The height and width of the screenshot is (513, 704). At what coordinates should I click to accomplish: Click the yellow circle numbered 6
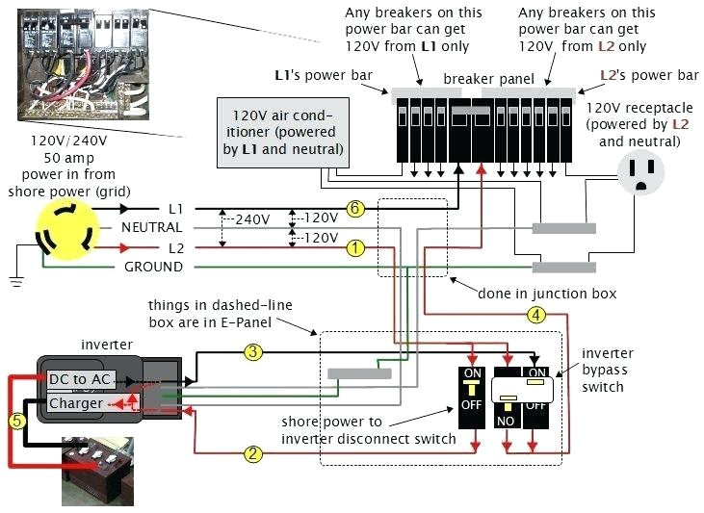[x=355, y=208]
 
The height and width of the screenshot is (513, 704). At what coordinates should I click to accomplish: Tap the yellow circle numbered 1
[x=355, y=247]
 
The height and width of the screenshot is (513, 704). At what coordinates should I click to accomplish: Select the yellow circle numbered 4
[x=536, y=313]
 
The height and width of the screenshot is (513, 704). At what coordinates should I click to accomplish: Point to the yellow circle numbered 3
[x=253, y=352]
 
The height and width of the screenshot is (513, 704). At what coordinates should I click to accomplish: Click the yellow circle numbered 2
[x=253, y=453]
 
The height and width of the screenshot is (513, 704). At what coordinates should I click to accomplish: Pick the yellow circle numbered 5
[x=15, y=420]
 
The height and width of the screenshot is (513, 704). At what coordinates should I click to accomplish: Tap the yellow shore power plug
[x=62, y=233]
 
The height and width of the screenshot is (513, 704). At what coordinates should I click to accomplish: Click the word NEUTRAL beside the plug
[x=151, y=228]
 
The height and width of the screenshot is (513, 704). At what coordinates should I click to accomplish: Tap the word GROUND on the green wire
[x=153, y=267]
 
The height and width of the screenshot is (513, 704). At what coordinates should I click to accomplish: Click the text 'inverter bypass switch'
[x=603, y=370]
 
